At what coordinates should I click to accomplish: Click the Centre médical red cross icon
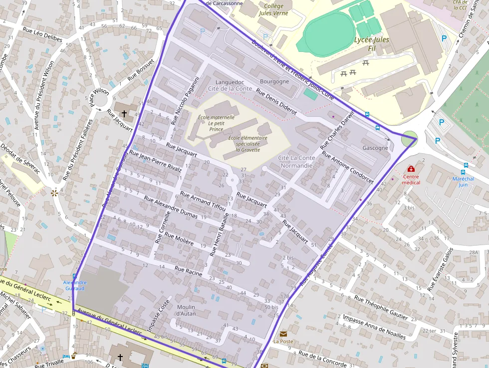(411, 169)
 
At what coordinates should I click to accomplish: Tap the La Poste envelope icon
(283, 334)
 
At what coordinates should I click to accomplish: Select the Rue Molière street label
(179, 239)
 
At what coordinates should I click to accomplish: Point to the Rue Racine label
(188, 271)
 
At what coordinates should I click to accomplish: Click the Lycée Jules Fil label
(371, 43)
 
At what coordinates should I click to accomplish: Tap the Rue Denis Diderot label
(276, 101)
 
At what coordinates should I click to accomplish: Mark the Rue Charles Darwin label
(337, 129)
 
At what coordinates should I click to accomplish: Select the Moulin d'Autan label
(186, 310)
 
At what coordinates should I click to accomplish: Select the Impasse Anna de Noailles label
(374, 326)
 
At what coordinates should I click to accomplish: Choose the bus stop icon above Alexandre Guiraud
(75, 276)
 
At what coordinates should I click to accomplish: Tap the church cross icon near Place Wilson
(124, 106)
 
